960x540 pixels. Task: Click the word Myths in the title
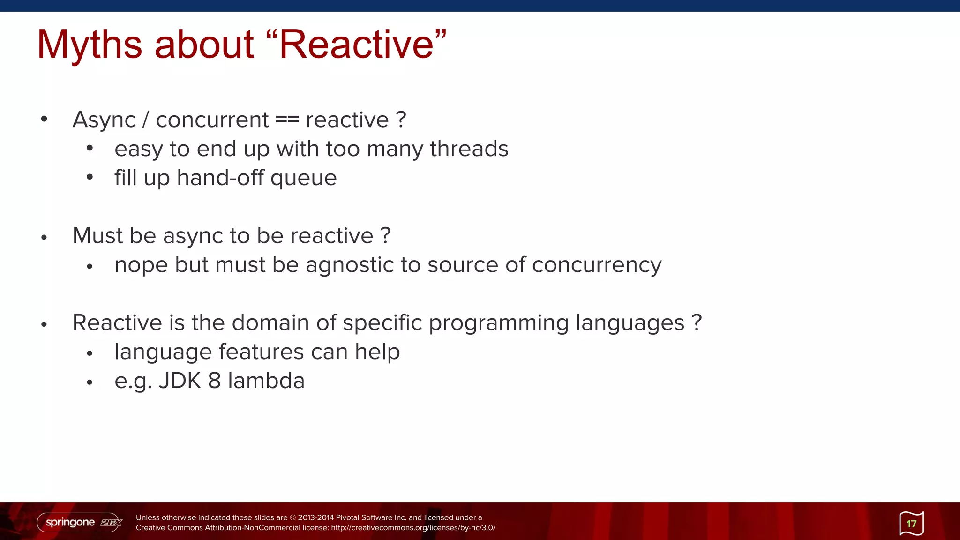point(89,45)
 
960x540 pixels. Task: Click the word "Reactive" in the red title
point(356,45)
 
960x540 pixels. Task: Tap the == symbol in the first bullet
point(287,120)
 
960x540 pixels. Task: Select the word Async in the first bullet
point(104,120)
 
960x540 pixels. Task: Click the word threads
point(469,149)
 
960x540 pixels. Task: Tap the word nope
point(141,265)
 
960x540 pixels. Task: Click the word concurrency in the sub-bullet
point(597,265)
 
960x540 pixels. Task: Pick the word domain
point(270,323)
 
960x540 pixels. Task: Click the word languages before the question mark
point(630,323)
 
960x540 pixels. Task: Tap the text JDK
point(180,381)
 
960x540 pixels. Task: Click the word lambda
point(266,381)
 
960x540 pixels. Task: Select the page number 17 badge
point(911,524)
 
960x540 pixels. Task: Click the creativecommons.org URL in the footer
point(413,528)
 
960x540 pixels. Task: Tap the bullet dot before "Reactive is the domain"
point(44,324)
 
